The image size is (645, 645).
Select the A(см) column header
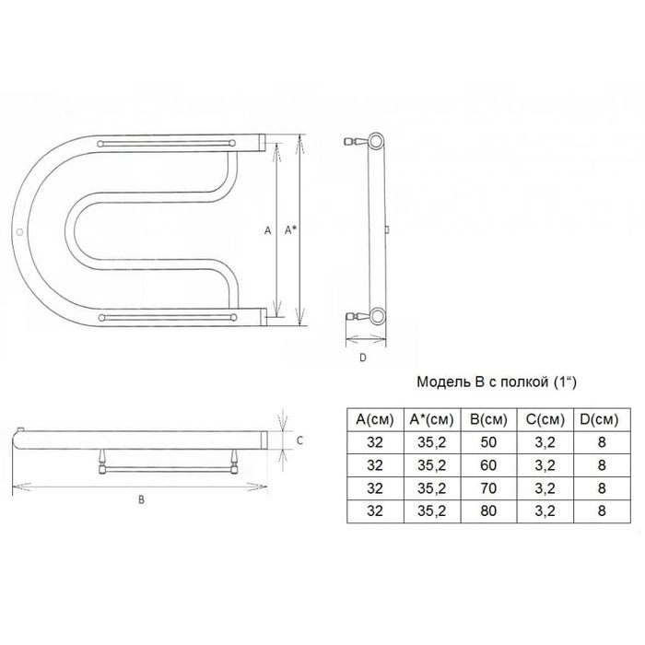pyautogui.click(x=375, y=419)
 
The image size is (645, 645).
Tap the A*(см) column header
pyautogui.click(x=431, y=419)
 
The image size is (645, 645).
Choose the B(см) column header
pyautogui.click(x=488, y=419)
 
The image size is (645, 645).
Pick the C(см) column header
pyautogui.click(x=545, y=419)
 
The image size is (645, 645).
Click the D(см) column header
pyautogui.click(x=601, y=419)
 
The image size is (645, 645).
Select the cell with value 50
pyautogui.click(x=488, y=442)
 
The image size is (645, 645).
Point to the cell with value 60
pyautogui.click(x=488, y=465)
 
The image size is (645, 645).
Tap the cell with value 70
pyautogui.click(x=488, y=488)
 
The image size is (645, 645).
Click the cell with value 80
pyautogui.click(x=488, y=510)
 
